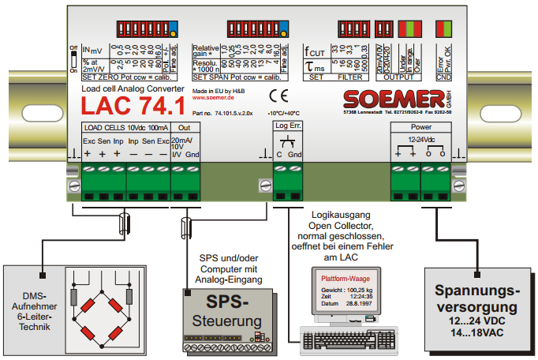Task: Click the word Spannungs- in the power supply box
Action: tap(479, 288)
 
